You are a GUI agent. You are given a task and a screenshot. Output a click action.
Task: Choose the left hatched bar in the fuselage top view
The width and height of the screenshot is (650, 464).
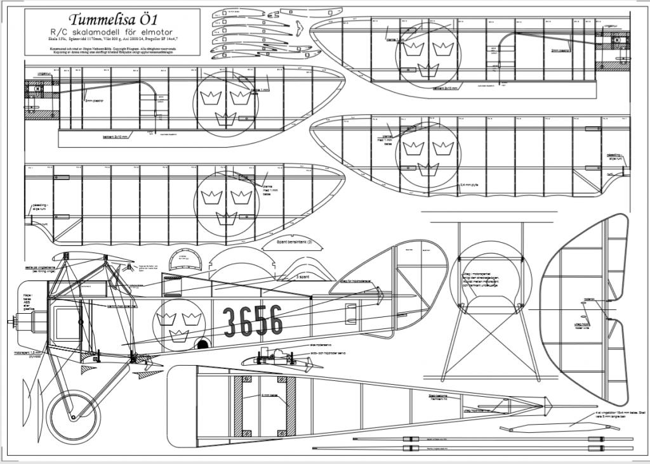click(x=239, y=406)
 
